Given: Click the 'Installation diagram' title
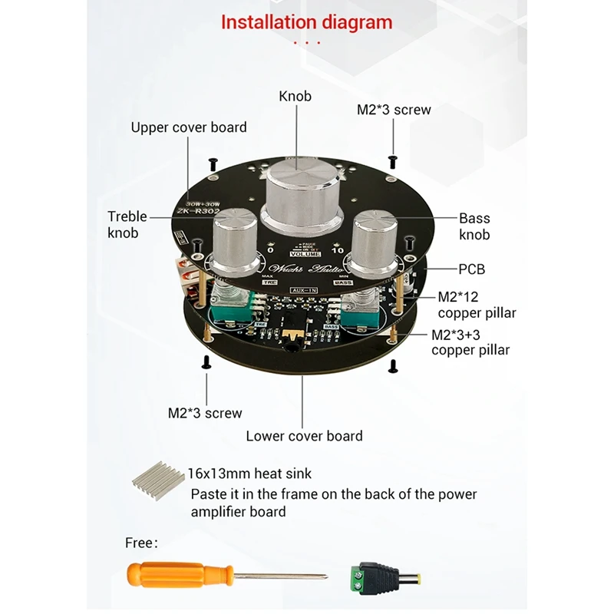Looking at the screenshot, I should tap(306, 22).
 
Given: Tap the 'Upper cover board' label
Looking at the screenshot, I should tap(189, 127).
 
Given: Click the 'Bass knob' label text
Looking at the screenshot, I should tap(474, 226).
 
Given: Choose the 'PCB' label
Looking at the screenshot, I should tap(472, 269).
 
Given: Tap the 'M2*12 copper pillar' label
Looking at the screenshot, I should tap(477, 305).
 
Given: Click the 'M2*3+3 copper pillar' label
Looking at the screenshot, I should tap(470, 342).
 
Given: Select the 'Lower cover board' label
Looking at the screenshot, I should tap(304, 436).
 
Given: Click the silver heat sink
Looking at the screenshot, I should tap(158, 481).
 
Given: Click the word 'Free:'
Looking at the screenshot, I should tap(141, 543).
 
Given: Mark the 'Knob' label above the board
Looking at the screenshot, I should tap(295, 97).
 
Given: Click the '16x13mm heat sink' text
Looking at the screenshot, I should tap(249, 474).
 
